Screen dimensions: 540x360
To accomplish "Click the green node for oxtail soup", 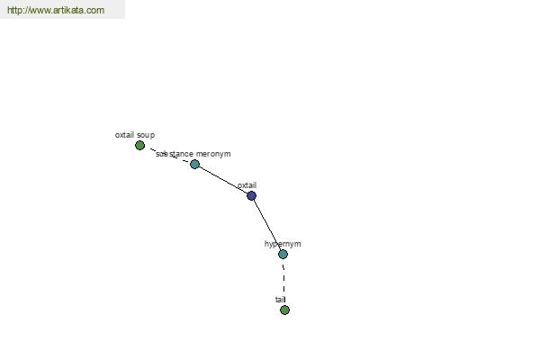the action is coord(139,146).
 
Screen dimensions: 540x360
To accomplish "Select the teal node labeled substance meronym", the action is coord(195,165).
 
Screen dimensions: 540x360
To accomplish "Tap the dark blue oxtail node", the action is coord(252,195).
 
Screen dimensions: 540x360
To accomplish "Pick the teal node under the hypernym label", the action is coord(283,254).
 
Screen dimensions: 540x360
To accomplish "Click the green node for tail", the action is coord(284,310).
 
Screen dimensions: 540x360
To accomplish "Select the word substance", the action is coord(175,154).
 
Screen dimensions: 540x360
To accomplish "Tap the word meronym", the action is coord(213,154).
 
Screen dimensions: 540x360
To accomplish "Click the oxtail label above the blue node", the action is coord(247,185).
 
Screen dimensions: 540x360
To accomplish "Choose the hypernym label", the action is coord(283,244).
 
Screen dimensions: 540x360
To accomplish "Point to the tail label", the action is coord(281,300).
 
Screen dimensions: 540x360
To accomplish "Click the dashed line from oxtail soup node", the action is coord(169,155).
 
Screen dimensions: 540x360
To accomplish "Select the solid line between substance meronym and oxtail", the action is coord(223,180).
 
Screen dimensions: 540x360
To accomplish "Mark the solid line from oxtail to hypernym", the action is coord(267,225).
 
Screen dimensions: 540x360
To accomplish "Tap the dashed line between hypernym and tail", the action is coord(283,282).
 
